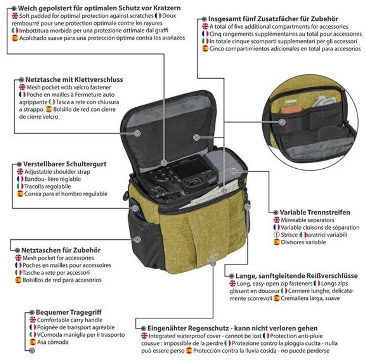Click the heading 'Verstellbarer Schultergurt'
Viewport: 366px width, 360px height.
[65, 164]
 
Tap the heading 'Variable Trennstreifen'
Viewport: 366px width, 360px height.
[315, 213]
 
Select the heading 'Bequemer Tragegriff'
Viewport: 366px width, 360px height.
[69, 312]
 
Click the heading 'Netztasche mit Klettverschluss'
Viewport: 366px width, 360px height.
[74, 80]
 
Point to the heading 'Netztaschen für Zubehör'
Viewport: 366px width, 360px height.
[61, 250]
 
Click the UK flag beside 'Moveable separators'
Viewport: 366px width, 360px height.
[276, 220]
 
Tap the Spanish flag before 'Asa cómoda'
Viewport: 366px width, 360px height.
[33, 342]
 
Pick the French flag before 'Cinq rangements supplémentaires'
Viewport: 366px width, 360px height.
[205, 34]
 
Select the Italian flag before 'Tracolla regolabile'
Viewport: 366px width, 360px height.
[20, 186]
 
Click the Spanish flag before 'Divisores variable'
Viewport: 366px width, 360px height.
[276, 242]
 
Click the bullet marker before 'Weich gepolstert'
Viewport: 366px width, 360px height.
[14, 8]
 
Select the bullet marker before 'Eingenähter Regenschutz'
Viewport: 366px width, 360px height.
[143, 328]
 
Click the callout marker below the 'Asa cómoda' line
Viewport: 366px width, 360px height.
[32, 350]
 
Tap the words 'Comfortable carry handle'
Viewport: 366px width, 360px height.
[70, 320]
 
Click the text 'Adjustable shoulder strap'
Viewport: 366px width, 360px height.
[57, 172]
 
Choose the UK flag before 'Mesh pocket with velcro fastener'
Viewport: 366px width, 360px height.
[22, 87]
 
